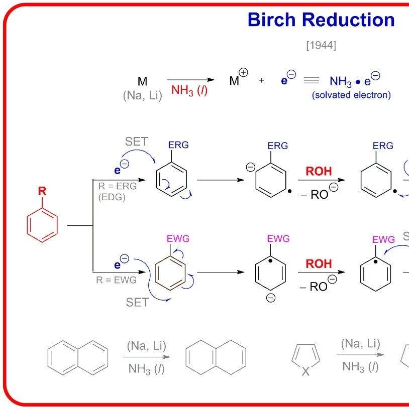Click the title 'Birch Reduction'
click(x=321, y=20)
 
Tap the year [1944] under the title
click(x=321, y=45)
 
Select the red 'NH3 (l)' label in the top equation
click(x=189, y=90)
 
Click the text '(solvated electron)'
click(x=351, y=95)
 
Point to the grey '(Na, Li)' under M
click(x=143, y=95)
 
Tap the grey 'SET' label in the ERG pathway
click(x=136, y=142)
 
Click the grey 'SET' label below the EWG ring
click(x=137, y=303)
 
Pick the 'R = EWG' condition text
click(x=117, y=280)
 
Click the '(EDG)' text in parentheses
click(x=112, y=197)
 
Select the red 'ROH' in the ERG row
click(x=319, y=171)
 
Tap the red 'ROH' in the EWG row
click(x=319, y=263)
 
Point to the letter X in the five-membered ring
click(x=305, y=371)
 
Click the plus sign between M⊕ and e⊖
click(x=261, y=80)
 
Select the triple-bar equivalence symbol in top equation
click(x=312, y=80)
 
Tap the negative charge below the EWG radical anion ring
click(x=271, y=298)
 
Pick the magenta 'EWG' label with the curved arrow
click(x=178, y=239)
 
